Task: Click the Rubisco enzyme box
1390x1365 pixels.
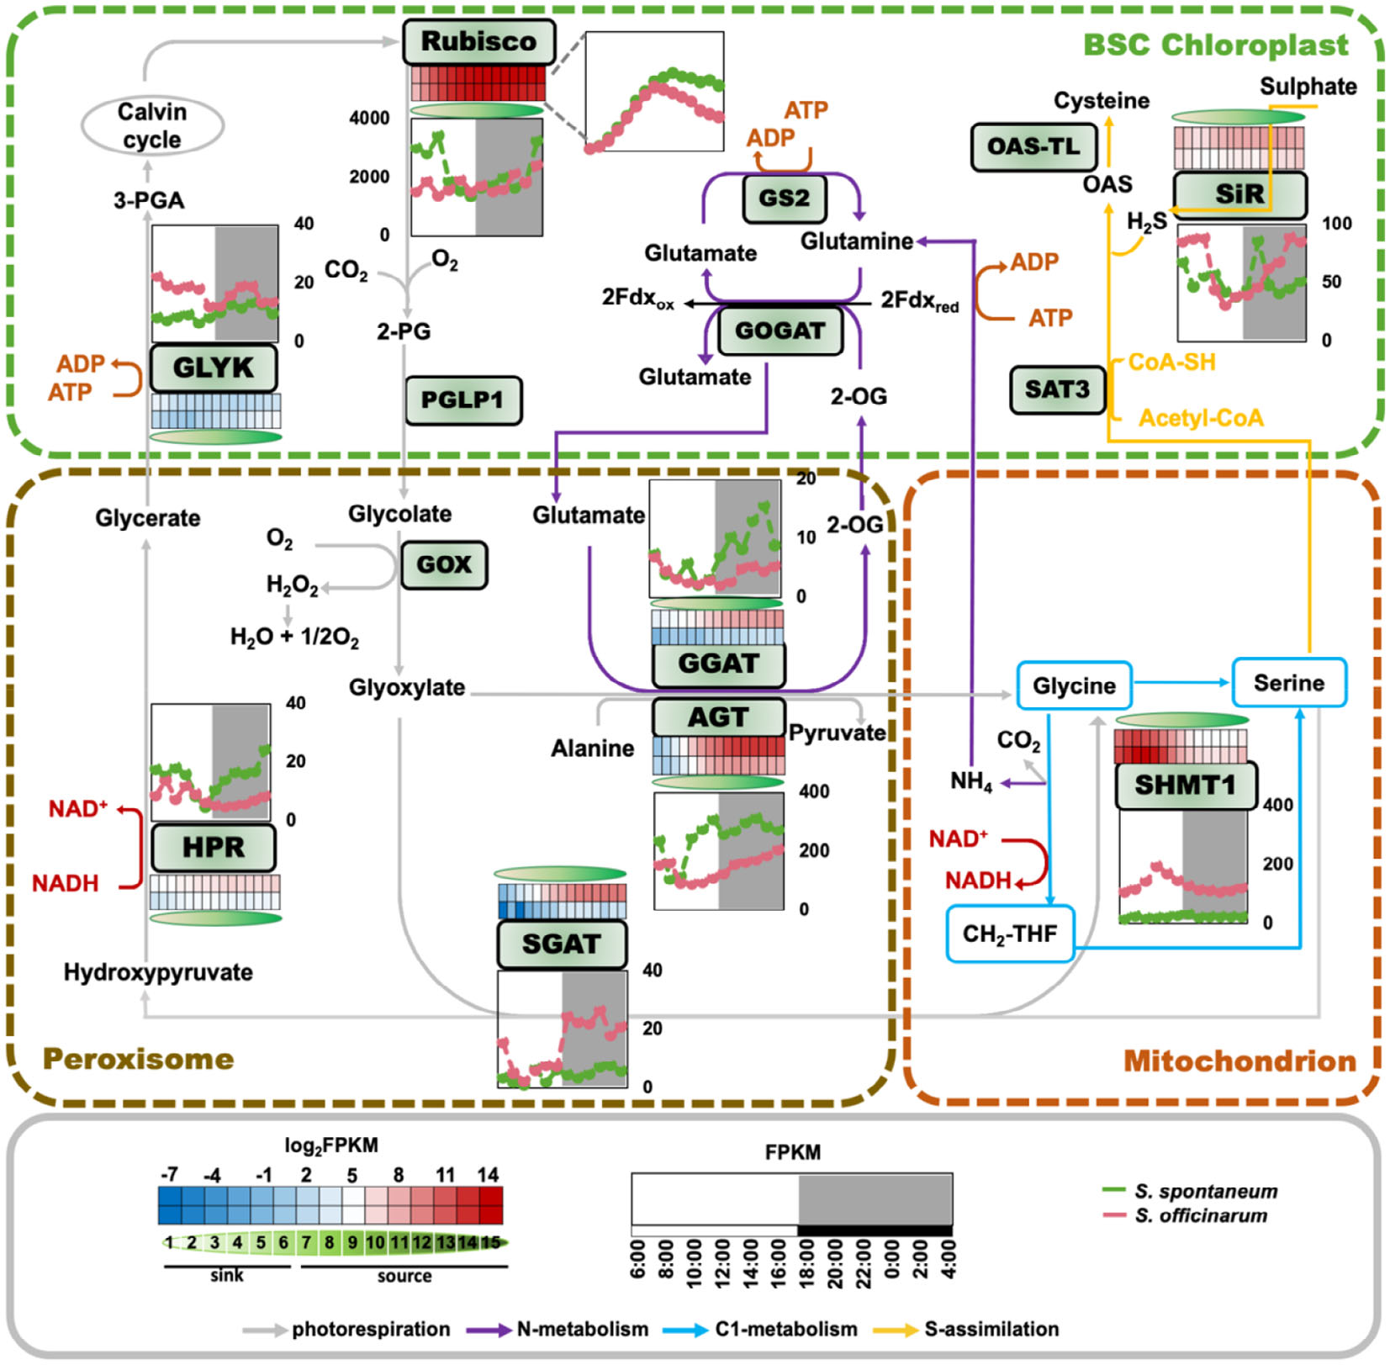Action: tap(478, 41)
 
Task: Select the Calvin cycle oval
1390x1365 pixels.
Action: tap(152, 125)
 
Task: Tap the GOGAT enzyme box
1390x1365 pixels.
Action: tap(780, 331)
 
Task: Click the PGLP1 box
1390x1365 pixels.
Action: tap(462, 399)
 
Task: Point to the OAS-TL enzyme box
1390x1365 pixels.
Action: tap(1033, 147)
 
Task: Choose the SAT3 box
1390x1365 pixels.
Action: tap(1057, 389)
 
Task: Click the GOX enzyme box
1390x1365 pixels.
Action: tap(443, 564)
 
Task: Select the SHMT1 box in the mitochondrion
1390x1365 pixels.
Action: tap(1186, 786)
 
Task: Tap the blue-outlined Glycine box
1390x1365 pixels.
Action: tap(1074, 685)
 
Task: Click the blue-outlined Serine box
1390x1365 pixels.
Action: tap(1288, 683)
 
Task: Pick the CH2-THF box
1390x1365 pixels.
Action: tap(1009, 934)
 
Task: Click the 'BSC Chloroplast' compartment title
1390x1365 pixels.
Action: tap(1215, 45)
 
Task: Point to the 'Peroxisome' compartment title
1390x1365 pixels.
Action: tap(138, 1058)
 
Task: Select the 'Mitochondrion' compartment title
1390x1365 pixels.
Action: tap(1239, 1061)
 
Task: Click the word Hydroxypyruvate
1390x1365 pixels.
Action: tap(158, 972)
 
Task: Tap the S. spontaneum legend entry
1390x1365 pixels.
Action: tap(1205, 1191)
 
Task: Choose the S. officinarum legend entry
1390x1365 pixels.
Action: tap(1200, 1215)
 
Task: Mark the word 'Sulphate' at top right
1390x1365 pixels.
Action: tap(1308, 87)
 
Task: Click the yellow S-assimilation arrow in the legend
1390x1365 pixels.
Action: tap(896, 1330)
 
